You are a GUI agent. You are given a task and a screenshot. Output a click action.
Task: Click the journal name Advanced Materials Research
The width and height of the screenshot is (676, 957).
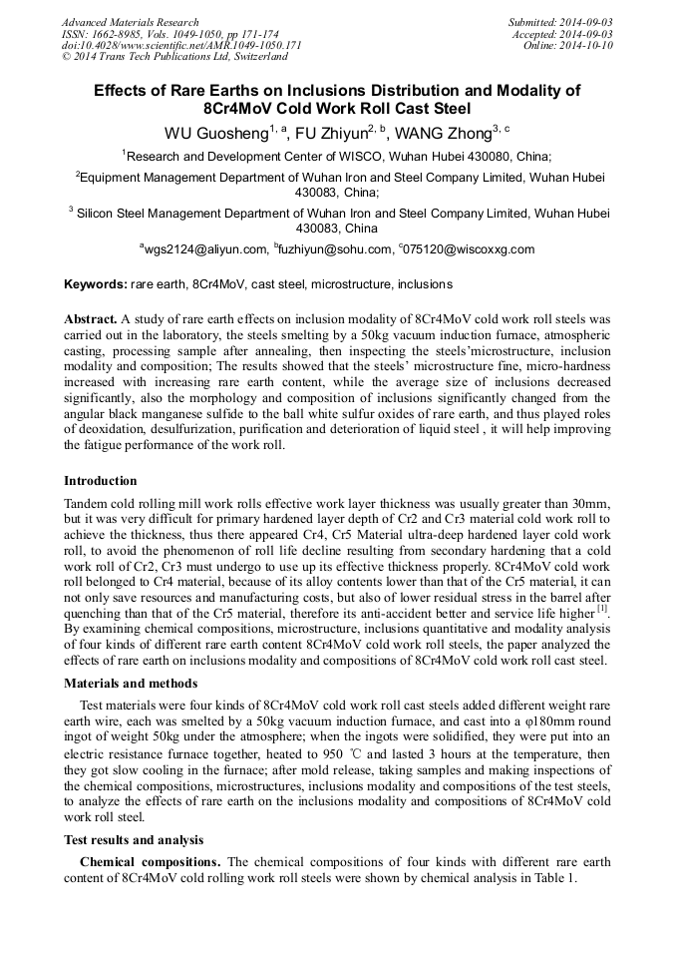pos(130,22)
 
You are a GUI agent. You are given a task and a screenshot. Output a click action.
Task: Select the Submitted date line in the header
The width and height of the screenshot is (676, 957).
pos(561,22)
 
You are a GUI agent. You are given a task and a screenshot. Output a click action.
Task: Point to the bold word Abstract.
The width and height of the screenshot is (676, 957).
pos(90,319)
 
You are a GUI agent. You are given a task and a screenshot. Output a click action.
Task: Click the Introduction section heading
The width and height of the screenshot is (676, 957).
pos(101,481)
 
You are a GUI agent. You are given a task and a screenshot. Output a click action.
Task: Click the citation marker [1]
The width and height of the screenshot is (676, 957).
pos(601,609)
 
